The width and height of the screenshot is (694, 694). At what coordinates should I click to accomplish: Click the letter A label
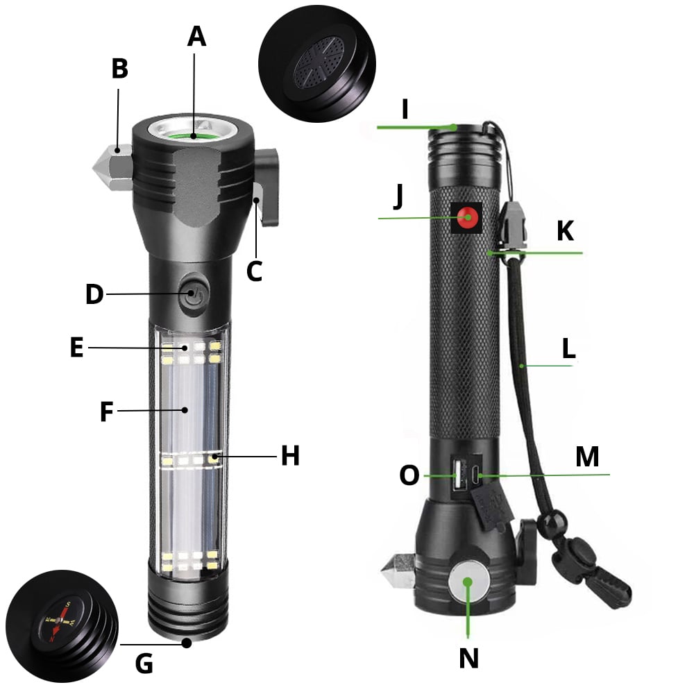pyautogui.click(x=196, y=35)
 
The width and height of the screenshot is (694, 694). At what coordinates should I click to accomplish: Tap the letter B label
pyautogui.click(x=119, y=69)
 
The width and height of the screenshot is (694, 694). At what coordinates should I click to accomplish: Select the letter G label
pyautogui.click(x=144, y=663)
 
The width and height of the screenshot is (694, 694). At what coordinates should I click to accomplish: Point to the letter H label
pyautogui.click(x=290, y=456)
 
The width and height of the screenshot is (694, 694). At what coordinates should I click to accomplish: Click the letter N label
pyautogui.click(x=469, y=658)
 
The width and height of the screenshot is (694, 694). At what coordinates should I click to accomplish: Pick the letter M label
pyautogui.click(x=587, y=457)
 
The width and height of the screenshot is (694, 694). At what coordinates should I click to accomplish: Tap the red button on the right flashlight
pyautogui.click(x=469, y=217)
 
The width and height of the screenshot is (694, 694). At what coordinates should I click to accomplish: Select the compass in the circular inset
pyautogui.click(x=57, y=620)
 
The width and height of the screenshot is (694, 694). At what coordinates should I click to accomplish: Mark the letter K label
pyautogui.click(x=566, y=231)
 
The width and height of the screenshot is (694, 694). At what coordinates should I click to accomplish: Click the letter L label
pyautogui.click(x=568, y=349)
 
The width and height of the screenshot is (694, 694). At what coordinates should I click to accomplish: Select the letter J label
pyautogui.click(x=398, y=196)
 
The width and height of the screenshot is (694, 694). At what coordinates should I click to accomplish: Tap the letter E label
pyautogui.click(x=76, y=347)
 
